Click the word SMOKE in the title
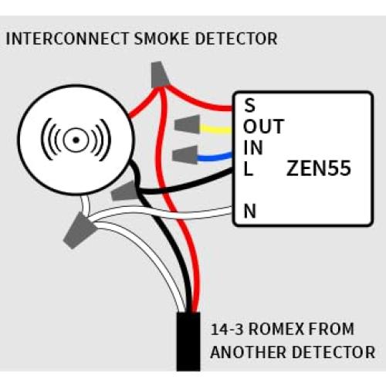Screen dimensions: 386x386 158,39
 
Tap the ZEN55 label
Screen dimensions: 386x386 318,168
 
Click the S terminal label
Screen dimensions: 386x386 249,105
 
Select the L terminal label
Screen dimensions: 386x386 248,169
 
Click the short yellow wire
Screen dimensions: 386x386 218,129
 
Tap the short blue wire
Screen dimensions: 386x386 218,157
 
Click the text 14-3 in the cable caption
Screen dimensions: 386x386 229,330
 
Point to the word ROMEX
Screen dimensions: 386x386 281,330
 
